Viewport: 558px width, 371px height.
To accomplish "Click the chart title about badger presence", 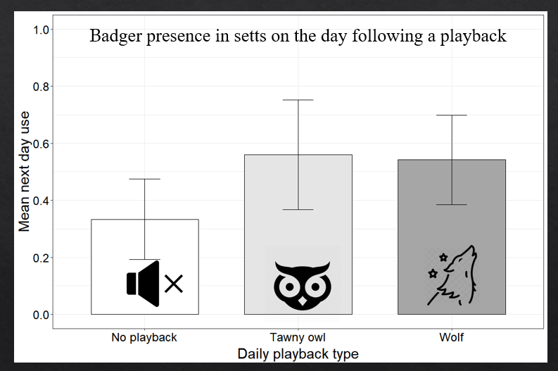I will click(298, 37).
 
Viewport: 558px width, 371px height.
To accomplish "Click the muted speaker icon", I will click(154, 283).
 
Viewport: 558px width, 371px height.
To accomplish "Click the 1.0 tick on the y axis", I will click(42, 30).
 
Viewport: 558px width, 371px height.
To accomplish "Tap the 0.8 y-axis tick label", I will click(42, 87).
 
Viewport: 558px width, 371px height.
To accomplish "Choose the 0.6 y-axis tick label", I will click(42, 144).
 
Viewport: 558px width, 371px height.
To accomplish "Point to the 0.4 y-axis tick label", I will click(42, 201).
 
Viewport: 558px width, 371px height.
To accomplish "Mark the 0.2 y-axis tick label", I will click(42, 258).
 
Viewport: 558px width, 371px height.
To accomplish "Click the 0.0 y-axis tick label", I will click(42, 315).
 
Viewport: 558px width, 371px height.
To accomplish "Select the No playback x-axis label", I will click(144, 337).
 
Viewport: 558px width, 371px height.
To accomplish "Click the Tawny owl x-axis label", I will click(298, 337).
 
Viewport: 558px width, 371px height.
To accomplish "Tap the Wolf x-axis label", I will click(452, 337).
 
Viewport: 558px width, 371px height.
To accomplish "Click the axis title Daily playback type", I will click(298, 353).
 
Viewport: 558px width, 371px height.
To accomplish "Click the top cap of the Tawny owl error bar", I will click(298, 100).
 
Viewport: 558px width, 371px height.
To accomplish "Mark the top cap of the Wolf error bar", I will click(452, 115).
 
